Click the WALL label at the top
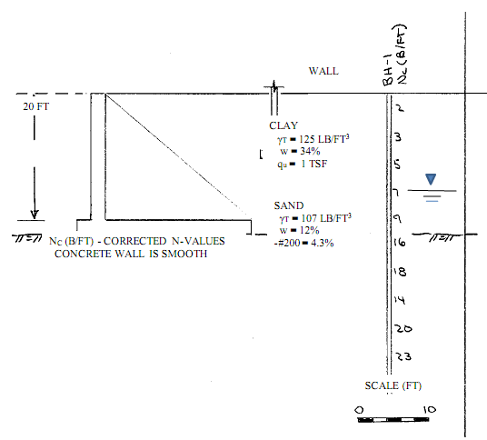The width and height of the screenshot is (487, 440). pyautogui.click(x=323, y=71)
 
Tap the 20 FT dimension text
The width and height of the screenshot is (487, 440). pyautogui.click(x=38, y=107)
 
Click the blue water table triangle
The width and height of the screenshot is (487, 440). pyautogui.click(x=431, y=180)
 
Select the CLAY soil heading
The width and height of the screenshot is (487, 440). pyautogui.click(x=283, y=125)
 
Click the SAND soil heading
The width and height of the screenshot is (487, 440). pyautogui.click(x=289, y=206)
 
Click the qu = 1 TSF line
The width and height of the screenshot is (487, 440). pyautogui.click(x=305, y=164)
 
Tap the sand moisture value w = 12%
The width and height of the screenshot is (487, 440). pyautogui.click(x=299, y=231)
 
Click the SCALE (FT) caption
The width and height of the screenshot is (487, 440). pyautogui.click(x=393, y=385)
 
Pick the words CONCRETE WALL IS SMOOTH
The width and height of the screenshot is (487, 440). pyautogui.click(x=131, y=255)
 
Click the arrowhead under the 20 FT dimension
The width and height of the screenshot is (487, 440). pyautogui.click(x=35, y=215)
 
